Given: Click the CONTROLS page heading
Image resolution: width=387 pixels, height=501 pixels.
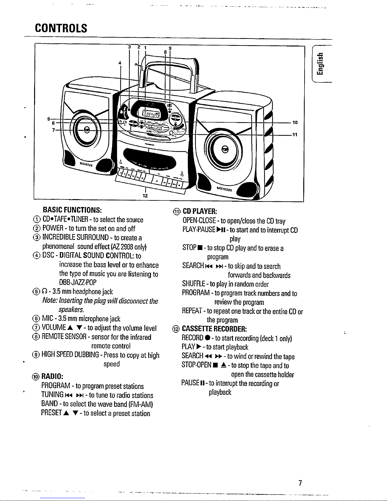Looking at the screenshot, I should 61,28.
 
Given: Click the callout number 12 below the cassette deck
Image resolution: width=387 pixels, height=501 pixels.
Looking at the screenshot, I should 145,196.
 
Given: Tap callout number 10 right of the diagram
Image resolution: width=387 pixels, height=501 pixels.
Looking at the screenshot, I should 295,122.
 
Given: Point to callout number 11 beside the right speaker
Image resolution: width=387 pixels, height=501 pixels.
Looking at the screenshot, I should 295,135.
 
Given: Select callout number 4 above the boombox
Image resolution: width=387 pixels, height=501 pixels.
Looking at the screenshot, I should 120,63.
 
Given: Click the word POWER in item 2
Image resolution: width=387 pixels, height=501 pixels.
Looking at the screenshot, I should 52,229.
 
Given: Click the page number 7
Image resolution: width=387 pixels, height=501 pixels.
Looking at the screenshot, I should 300,483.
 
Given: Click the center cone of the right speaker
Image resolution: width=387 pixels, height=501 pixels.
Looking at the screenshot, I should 225,149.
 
